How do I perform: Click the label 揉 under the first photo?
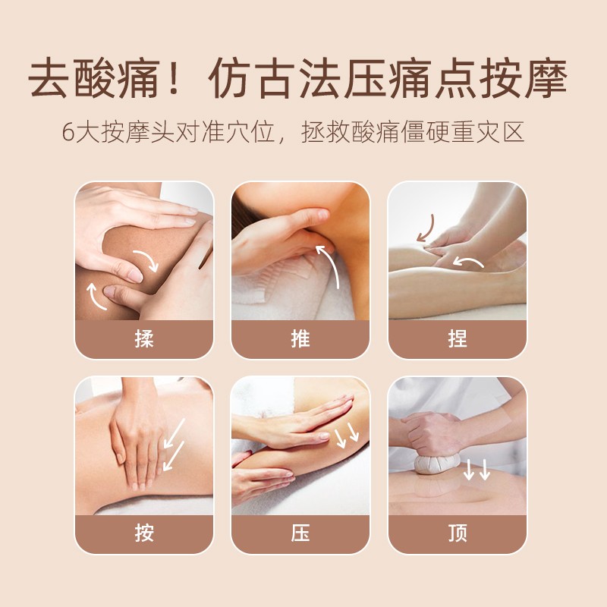pyautogui.click(x=144, y=338)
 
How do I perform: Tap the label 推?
pyautogui.click(x=300, y=338)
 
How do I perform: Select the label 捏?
pyautogui.click(x=458, y=338)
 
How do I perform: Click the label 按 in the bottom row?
pyautogui.click(x=144, y=533)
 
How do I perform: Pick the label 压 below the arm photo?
pyautogui.click(x=300, y=533)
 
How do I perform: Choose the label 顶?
pyautogui.click(x=458, y=533)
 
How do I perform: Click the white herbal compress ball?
pyautogui.click(x=437, y=464)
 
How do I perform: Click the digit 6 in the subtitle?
pyautogui.click(x=68, y=132)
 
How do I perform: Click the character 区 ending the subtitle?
pyautogui.click(x=514, y=132)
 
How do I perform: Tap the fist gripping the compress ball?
pyautogui.click(x=430, y=433)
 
